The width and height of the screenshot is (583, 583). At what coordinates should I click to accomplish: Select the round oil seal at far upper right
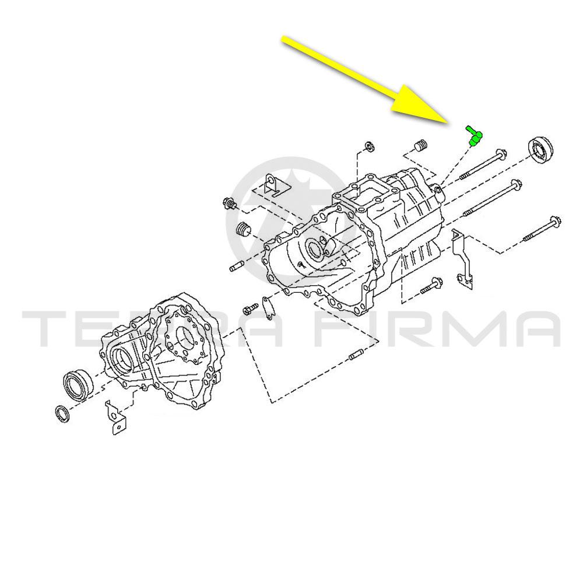click(x=540, y=149)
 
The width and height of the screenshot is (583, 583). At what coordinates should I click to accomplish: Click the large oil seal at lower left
click(x=78, y=384)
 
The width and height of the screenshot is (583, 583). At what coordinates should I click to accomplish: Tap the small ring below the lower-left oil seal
click(x=62, y=413)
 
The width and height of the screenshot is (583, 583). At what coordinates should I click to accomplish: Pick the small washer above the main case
click(x=370, y=146)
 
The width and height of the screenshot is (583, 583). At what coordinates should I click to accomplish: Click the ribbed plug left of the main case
click(x=243, y=229)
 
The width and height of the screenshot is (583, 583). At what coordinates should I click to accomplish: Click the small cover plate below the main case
click(x=268, y=307)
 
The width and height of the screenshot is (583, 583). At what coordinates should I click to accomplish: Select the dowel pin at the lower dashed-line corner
click(x=356, y=356)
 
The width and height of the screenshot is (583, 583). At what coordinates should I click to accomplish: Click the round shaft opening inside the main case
click(x=315, y=249)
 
